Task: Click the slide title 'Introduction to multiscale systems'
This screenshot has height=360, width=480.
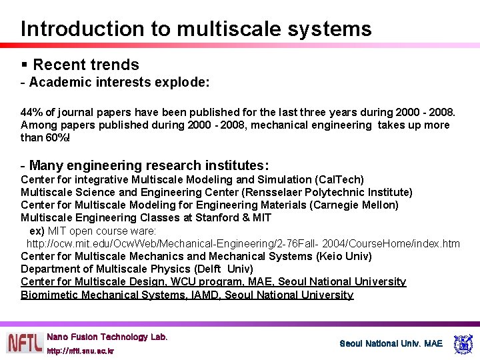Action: coord(196,29)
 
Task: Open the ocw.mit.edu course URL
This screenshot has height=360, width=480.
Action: coord(243,243)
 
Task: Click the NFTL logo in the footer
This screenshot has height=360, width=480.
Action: coord(24,343)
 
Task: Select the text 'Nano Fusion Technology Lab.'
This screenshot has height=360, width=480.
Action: coord(107,337)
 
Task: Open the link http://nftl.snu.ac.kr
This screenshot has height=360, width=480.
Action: coord(80,350)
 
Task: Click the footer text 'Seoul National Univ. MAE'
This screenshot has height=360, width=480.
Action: coord(391,343)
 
